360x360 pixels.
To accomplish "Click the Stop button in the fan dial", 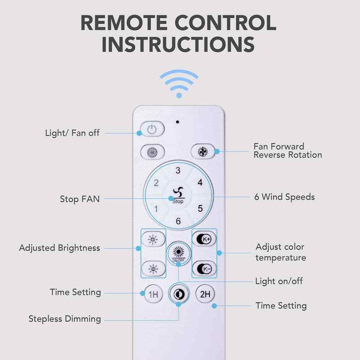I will [178, 196].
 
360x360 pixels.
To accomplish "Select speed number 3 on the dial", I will [178, 171].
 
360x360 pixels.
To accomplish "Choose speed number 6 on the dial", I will [178, 221].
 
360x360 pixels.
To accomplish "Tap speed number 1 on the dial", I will [156, 209].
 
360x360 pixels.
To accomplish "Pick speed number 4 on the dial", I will [200, 183].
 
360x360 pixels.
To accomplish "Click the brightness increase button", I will [153, 239].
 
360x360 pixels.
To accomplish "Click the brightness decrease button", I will [153, 268].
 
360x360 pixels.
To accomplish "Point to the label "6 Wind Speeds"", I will [284, 197].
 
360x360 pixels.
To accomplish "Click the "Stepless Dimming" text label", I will [65, 319].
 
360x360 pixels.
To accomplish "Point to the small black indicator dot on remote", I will [178, 121].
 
